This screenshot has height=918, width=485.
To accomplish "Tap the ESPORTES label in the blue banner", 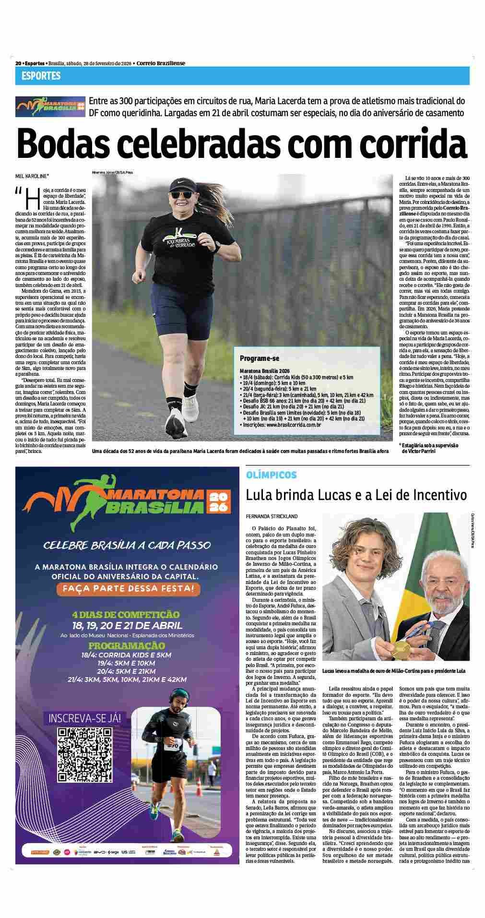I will coord(41,76).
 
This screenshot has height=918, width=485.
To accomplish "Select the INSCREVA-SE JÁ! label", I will coord(83,718).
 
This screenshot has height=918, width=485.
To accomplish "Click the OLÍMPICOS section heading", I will coord(271,475).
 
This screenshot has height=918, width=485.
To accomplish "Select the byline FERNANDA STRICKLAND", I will coord(272,516).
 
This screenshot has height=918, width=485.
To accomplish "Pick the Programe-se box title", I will coord(260,358).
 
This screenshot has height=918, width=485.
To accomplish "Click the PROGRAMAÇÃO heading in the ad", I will coord(127,645).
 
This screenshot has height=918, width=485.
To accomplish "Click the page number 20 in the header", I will coord(18,63).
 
